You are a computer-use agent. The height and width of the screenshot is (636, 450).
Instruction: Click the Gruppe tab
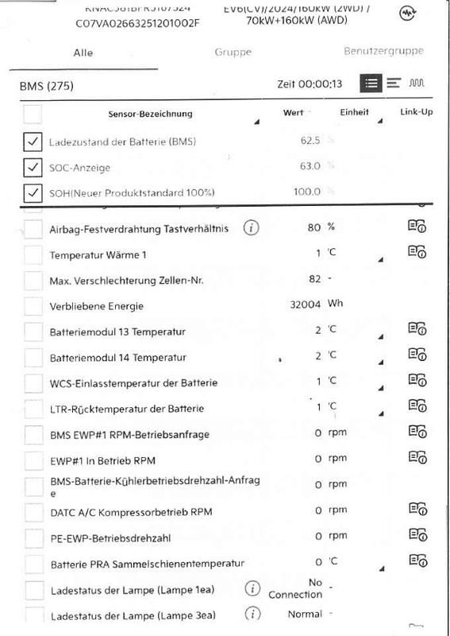tap(233, 52)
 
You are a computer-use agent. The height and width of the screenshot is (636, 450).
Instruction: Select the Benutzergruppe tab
tap(383, 51)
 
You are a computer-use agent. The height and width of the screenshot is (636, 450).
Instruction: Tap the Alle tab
tap(83, 52)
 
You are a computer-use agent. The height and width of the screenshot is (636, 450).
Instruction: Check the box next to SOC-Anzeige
tap(33, 167)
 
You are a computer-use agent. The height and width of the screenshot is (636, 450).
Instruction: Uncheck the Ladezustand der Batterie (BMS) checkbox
tap(33, 142)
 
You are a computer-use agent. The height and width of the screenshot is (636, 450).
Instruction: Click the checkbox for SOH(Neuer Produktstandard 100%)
tap(33, 192)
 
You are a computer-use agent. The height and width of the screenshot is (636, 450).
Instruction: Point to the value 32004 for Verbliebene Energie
tap(305, 304)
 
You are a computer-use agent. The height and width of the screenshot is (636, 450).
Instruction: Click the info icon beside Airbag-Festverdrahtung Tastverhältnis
tap(252, 228)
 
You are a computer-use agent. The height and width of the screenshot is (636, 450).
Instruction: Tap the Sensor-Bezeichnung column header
tap(150, 114)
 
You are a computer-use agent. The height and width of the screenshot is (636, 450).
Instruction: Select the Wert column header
tap(293, 113)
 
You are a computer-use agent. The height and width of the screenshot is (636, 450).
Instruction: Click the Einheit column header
tap(354, 113)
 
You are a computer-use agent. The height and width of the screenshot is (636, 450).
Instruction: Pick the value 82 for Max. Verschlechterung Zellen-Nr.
tap(314, 279)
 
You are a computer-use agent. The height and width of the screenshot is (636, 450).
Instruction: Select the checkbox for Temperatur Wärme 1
tap(33, 255)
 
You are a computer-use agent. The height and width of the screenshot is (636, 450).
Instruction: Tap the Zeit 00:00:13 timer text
tap(310, 83)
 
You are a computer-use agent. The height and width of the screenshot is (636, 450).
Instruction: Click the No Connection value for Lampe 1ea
tap(306, 588)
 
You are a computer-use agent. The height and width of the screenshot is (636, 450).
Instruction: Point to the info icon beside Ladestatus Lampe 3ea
tap(252, 614)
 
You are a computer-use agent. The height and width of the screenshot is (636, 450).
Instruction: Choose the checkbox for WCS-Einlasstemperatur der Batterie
tap(33, 383)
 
